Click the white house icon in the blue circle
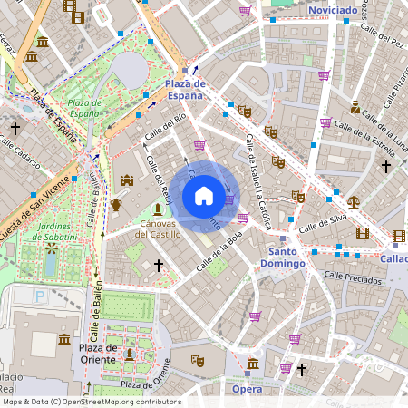(x=204, y=196)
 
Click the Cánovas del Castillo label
(x=158, y=228)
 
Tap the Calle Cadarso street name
(x=20, y=148)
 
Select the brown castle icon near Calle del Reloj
(x=127, y=181)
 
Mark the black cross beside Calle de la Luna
(x=386, y=167)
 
